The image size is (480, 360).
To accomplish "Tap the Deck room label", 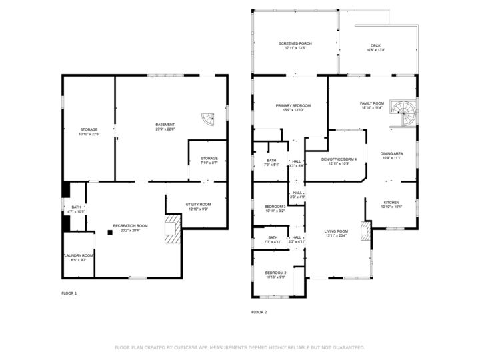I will [376, 47].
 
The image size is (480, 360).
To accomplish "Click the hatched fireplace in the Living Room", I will [365, 231].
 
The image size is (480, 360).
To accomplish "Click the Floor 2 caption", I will [259, 312].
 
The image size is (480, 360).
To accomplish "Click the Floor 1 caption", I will [69, 293].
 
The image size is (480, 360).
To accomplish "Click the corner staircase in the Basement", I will [209, 120].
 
